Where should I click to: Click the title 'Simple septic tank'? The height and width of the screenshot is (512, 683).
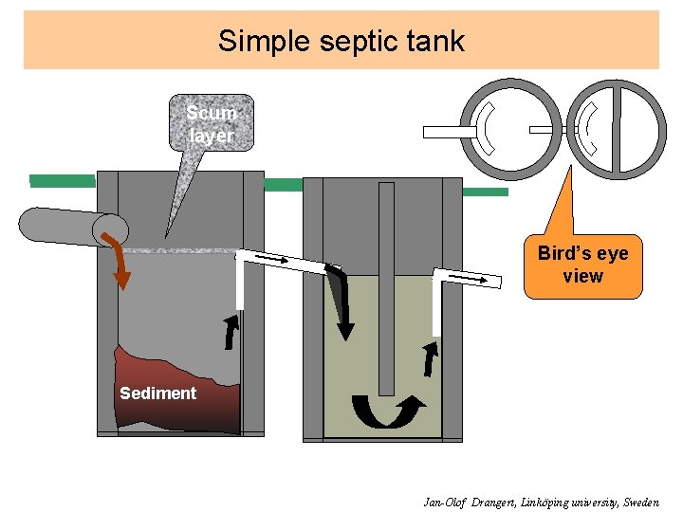[x=341, y=41]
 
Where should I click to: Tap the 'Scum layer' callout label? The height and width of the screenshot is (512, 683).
[x=211, y=124]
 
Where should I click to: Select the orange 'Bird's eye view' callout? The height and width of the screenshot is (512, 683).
[x=582, y=265]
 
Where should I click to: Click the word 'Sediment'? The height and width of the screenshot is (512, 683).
[x=157, y=393]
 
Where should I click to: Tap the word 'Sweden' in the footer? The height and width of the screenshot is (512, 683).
[x=641, y=502]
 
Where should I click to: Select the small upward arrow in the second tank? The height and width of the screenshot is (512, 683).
[x=432, y=359]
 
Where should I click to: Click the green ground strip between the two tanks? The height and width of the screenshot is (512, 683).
[x=283, y=185]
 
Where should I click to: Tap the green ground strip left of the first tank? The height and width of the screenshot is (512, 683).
[x=63, y=180]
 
